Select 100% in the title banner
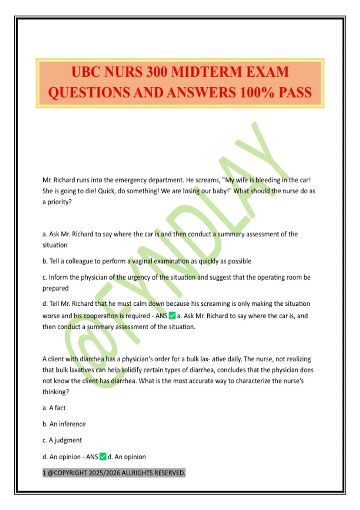pyautogui.click(x=257, y=92)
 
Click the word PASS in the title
pyautogui.click(x=295, y=92)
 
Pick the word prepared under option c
pyautogui.click(x=55, y=288)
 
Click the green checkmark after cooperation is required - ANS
pyautogui.click(x=172, y=316)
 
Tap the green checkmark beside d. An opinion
pyautogui.click(x=103, y=457)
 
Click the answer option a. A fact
pyautogui.click(x=54, y=408)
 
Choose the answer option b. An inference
pyautogui.click(x=64, y=424)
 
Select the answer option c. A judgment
pyautogui.click(x=62, y=440)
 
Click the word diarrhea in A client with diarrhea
pyautogui.click(x=91, y=359)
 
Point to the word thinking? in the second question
pyautogui.click(x=55, y=392)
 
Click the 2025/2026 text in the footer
pyautogui.click(x=104, y=473)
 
